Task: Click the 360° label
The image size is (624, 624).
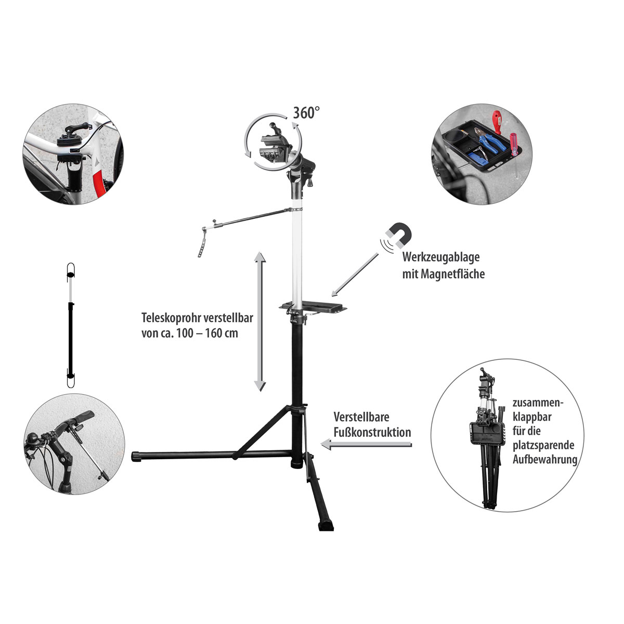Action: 306,113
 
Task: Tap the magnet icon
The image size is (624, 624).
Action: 399,235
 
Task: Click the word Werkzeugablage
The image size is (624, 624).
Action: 441,257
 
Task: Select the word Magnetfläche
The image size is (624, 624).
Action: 453,274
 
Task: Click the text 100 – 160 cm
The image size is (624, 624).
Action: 207,333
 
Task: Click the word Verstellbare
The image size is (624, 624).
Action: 361,417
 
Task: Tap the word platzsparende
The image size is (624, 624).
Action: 543,445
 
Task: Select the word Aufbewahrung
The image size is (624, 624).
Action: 545,460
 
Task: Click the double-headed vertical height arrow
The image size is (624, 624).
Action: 259,321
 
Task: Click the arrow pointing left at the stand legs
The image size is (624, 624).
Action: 366,445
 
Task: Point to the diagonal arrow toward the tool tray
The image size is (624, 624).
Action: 355,274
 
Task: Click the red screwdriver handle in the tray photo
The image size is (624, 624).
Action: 497,122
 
